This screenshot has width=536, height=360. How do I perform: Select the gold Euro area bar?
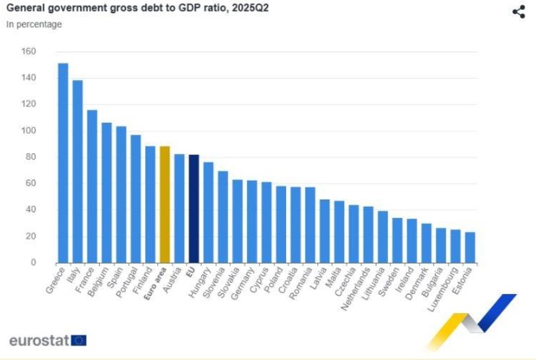tap(165, 204)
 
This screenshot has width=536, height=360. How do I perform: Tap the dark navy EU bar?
tap(194, 209)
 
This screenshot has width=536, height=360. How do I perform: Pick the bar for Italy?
tap(77, 172)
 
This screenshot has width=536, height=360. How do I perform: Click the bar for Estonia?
tap(470, 247)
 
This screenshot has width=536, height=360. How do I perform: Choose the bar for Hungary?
tap(208, 212)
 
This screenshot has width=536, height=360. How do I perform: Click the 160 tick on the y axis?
tap(28, 52)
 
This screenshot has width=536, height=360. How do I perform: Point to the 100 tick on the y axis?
tap(28, 131)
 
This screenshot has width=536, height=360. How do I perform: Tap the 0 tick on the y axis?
tap(32, 263)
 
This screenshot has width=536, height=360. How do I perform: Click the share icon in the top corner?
tap(519, 12)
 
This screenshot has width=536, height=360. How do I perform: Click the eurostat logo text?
tap(38, 341)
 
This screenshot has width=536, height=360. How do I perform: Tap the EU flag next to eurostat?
tap(79, 341)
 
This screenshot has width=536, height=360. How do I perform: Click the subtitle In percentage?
tap(34, 24)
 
